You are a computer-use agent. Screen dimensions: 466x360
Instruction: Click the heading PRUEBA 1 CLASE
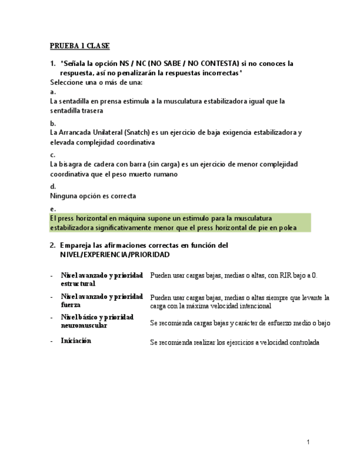[x=80, y=46]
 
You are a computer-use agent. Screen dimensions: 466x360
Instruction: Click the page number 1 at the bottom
[x=308, y=442]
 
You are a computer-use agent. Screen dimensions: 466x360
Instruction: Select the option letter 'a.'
[x=53, y=92]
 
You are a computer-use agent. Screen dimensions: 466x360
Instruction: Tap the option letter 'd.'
[x=53, y=186]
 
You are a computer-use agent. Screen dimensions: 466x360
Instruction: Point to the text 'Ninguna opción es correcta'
[x=93, y=196]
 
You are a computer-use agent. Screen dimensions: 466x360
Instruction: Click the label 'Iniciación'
[x=76, y=341]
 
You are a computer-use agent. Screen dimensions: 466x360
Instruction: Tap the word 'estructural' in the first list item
[x=78, y=284]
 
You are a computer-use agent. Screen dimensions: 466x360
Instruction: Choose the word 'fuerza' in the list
[x=71, y=304]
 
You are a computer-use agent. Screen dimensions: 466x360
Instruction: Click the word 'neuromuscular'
[x=84, y=325]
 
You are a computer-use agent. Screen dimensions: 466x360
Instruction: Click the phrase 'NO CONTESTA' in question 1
[x=214, y=63]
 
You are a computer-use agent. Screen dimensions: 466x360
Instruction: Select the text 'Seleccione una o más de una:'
[x=96, y=82]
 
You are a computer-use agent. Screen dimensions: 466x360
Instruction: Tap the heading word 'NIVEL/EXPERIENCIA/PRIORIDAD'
[x=114, y=255]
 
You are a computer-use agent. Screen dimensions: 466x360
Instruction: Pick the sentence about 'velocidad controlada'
[x=235, y=342]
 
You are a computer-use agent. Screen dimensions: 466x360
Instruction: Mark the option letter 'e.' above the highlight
[x=53, y=209]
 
